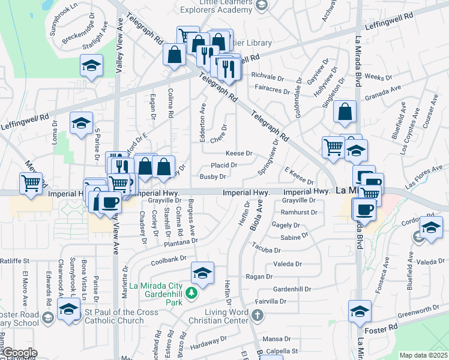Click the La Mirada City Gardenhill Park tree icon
191,293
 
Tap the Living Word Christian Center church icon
257,315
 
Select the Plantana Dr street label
181,242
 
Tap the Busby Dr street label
212,176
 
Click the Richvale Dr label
267,77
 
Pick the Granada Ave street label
387,91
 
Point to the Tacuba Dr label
267,247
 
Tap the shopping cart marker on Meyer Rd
31,183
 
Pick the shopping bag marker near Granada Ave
345,112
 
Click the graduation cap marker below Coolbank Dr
203,274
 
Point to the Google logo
20,353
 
